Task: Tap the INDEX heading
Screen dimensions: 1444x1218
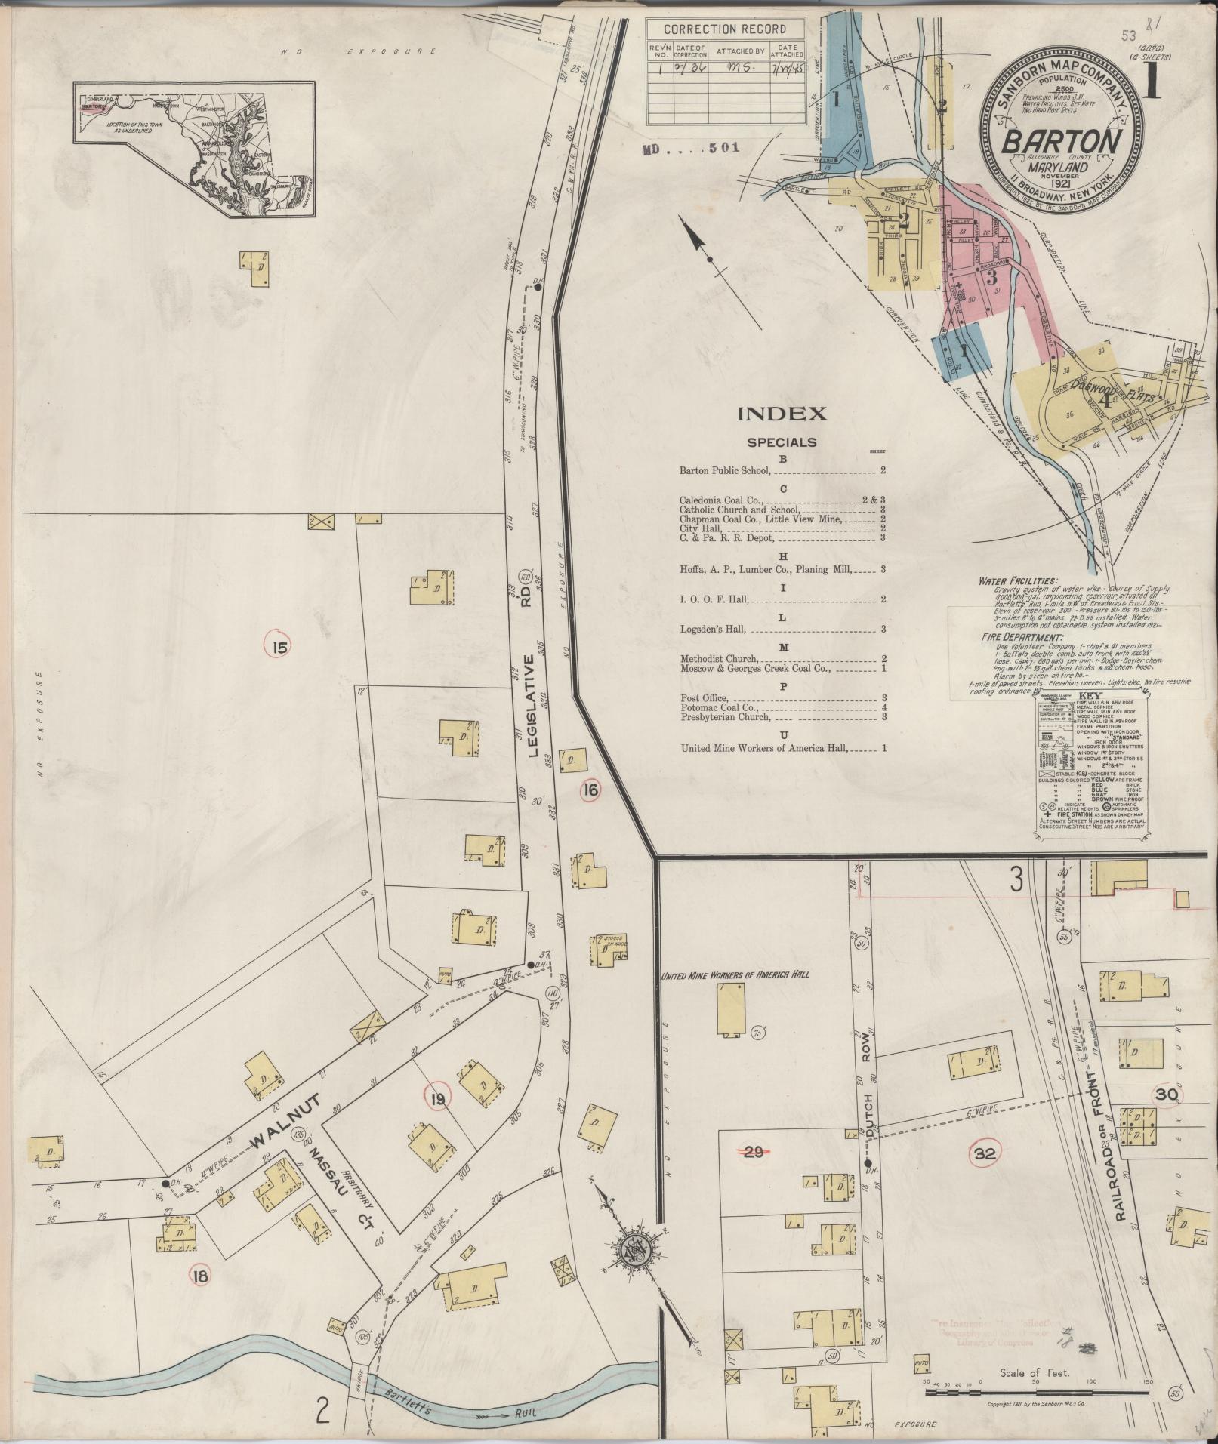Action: click(x=782, y=414)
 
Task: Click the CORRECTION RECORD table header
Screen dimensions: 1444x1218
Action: click(x=724, y=30)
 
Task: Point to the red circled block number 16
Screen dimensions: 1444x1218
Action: click(x=590, y=790)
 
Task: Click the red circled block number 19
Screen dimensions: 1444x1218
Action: click(x=436, y=1101)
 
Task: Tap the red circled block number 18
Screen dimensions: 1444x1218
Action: click(x=201, y=1277)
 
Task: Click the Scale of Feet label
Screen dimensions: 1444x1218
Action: click(x=1035, y=1373)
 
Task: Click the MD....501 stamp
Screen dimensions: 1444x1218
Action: click(x=689, y=149)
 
